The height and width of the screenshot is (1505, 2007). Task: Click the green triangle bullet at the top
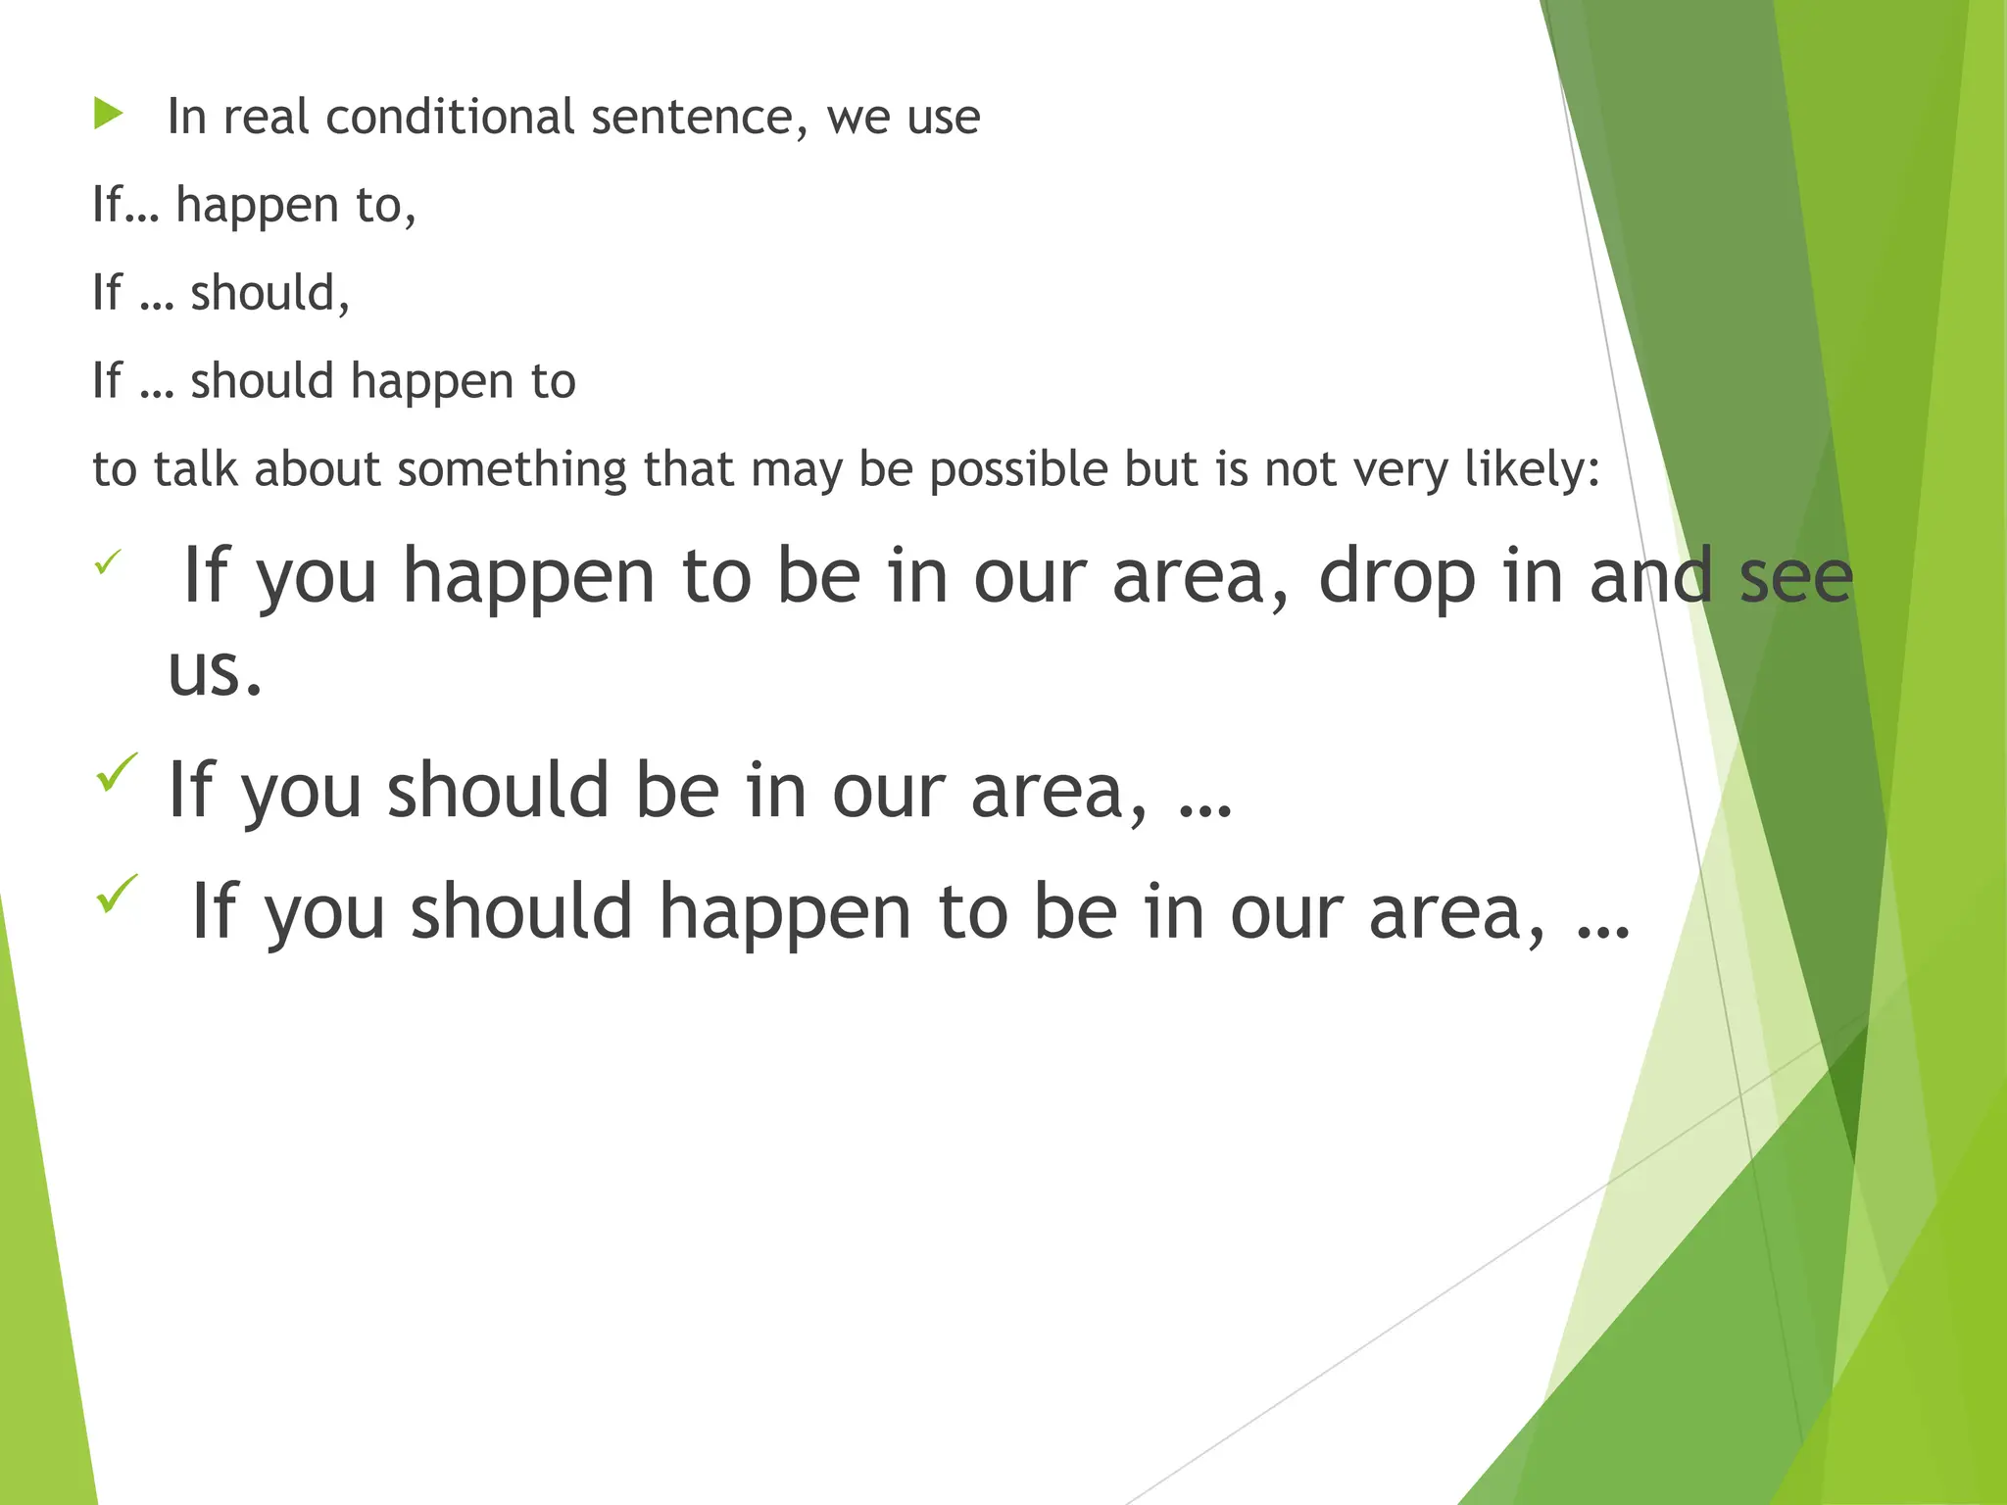click(x=109, y=114)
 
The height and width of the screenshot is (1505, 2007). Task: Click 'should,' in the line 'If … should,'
click(x=269, y=293)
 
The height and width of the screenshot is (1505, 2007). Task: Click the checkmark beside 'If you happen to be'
click(x=108, y=562)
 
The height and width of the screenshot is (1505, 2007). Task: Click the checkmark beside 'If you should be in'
click(x=117, y=773)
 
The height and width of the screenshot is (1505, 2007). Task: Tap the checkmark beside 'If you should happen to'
click(x=117, y=894)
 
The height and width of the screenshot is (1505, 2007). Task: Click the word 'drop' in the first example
click(x=1396, y=578)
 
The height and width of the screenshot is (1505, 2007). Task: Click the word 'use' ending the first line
click(x=943, y=118)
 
